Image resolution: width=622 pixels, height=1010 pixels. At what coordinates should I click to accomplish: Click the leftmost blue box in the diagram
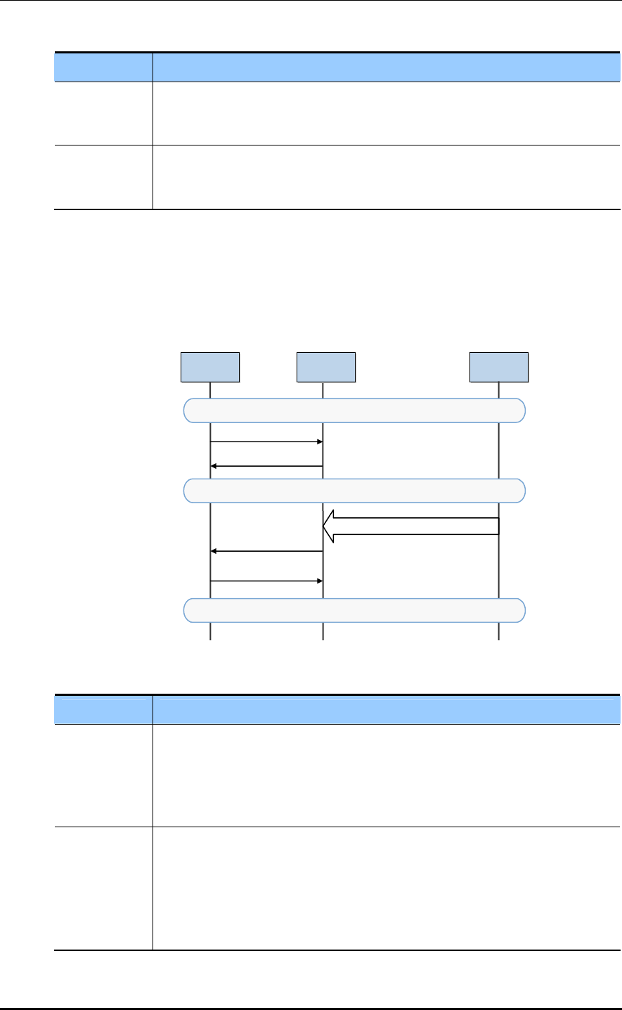pyautogui.click(x=210, y=367)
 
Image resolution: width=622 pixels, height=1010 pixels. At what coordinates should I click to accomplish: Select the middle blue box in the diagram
pyautogui.click(x=325, y=367)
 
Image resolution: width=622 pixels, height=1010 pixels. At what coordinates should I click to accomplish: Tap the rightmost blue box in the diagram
pyautogui.click(x=499, y=367)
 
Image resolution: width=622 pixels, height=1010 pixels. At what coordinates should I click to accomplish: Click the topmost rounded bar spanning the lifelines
pyautogui.click(x=354, y=410)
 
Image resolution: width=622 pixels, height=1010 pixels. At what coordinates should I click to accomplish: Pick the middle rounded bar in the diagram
pyautogui.click(x=354, y=491)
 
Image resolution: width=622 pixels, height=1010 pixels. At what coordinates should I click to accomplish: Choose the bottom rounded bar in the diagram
pyautogui.click(x=354, y=610)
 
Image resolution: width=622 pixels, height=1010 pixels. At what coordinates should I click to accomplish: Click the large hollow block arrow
pyautogui.click(x=415, y=526)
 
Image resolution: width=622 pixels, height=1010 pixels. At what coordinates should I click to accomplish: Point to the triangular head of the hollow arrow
pyautogui.click(x=329, y=526)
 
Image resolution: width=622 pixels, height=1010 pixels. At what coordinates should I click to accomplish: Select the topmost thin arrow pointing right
pyautogui.click(x=266, y=442)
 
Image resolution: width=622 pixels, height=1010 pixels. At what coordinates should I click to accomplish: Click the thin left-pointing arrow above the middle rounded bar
pyautogui.click(x=266, y=466)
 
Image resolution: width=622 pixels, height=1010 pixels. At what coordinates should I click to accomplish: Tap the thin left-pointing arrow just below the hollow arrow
pyautogui.click(x=266, y=552)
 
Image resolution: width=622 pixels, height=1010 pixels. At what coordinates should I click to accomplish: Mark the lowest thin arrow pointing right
pyautogui.click(x=266, y=581)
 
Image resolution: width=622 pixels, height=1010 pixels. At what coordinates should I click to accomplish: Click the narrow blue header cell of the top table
pyautogui.click(x=103, y=67)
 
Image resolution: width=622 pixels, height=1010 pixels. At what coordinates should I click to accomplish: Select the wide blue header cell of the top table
pyautogui.click(x=387, y=67)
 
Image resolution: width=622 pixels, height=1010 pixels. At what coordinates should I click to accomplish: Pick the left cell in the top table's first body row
pyautogui.click(x=103, y=113)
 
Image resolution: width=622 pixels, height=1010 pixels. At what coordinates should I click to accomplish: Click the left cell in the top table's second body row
pyautogui.click(x=103, y=177)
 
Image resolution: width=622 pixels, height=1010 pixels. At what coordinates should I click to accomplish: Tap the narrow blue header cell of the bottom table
pyautogui.click(x=103, y=709)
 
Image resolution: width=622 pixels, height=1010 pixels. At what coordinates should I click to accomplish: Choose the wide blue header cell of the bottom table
pyautogui.click(x=387, y=709)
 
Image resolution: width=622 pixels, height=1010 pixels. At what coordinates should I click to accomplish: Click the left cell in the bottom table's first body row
pyautogui.click(x=103, y=775)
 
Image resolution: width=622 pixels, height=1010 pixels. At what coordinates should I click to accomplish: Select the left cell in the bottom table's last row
pyautogui.click(x=103, y=888)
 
